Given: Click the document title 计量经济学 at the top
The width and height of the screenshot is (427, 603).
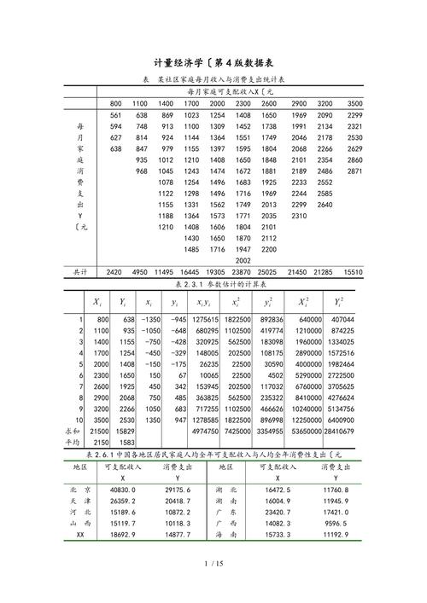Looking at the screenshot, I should click(181, 62).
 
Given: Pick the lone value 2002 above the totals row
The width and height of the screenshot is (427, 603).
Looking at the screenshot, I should click(243, 260).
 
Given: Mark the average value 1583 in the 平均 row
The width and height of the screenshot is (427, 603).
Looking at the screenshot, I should click(126, 442).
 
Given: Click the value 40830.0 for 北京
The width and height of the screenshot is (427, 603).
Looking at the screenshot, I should click(122, 490).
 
